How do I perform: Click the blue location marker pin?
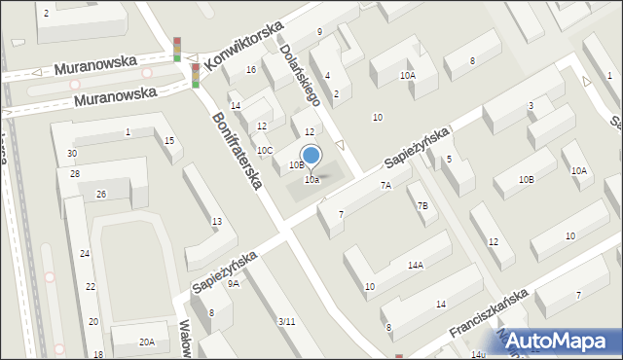(x=311, y=156)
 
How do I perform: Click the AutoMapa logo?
(x=561, y=341)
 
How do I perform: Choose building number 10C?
(x=265, y=150)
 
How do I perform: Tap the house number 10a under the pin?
(x=311, y=180)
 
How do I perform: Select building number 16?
(x=251, y=70)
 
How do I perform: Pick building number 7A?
(x=385, y=185)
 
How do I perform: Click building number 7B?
(x=422, y=205)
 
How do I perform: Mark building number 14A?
(x=416, y=265)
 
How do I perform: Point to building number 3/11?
(x=286, y=322)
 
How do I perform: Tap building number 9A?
(x=234, y=284)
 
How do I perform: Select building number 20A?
(x=146, y=342)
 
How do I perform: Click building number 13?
(x=217, y=222)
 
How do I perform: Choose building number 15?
(x=169, y=142)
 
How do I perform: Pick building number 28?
(x=74, y=173)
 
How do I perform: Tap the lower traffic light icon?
(x=195, y=75)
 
